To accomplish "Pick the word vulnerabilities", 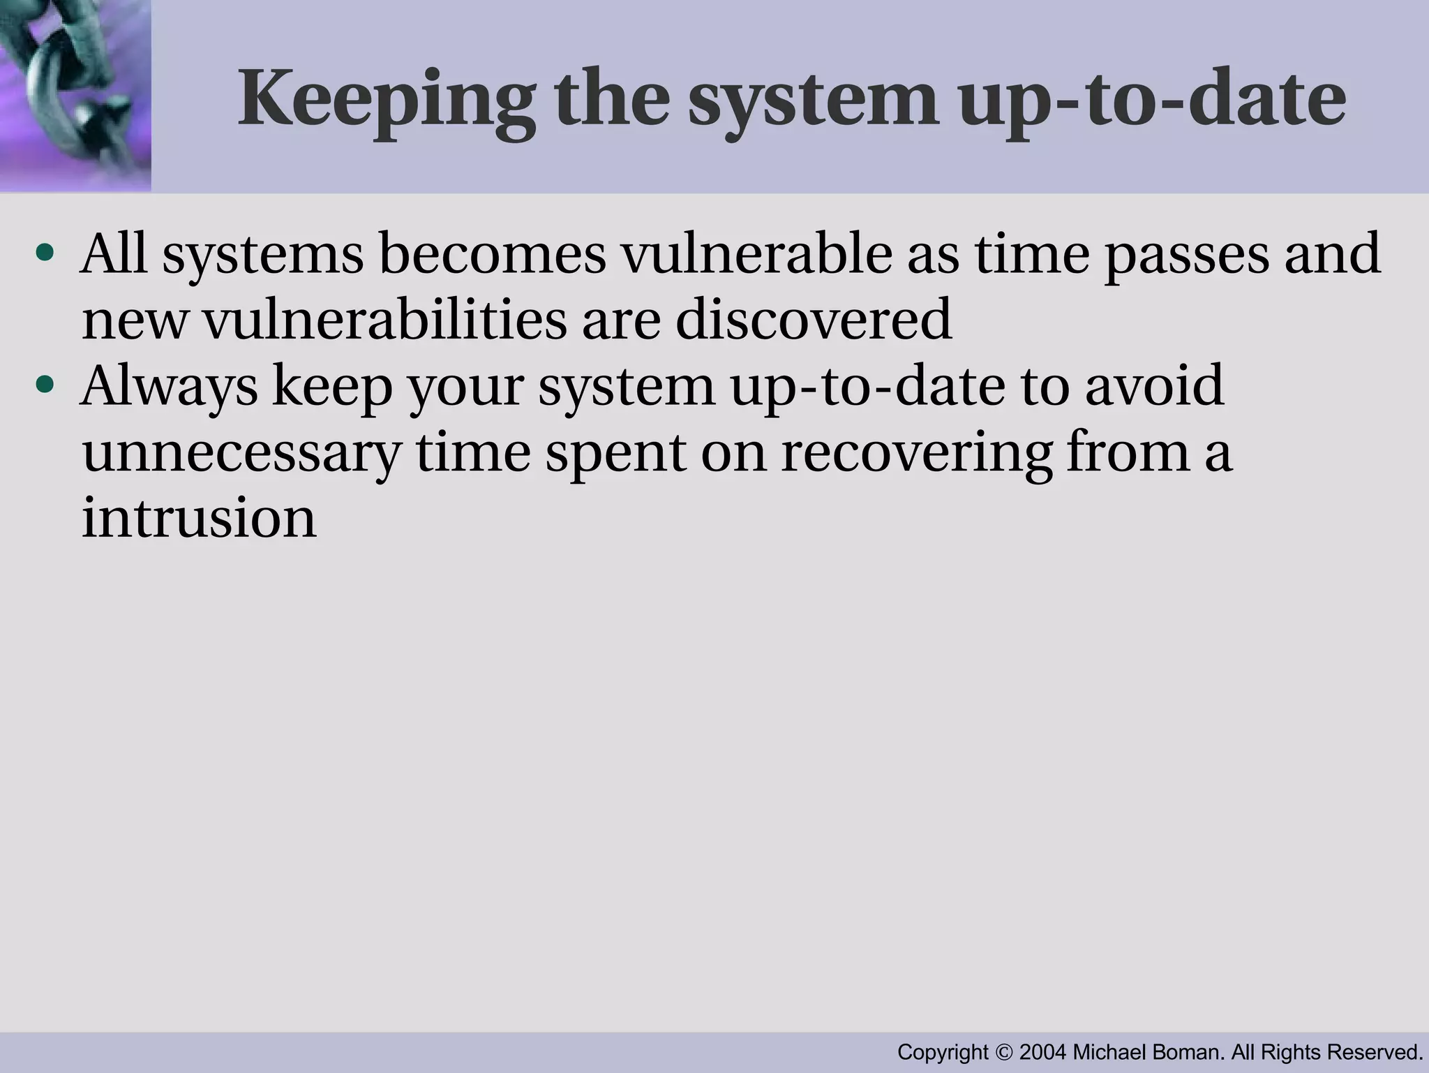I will click(x=384, y=319).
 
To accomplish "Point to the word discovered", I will click(x=813, y=319).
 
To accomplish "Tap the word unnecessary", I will click(x=241, y=452).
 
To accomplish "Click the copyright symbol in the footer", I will click(x=1004, y=1052).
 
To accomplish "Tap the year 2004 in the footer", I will click(x=1042, y=1052).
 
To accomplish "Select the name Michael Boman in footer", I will click(x=1148, y=1052).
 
